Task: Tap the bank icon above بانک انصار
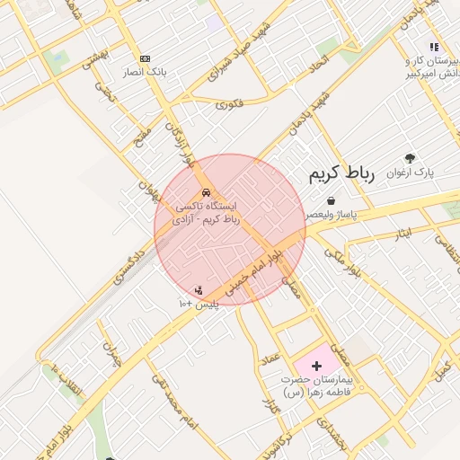[x=146, y=57]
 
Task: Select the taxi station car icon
[x=207, y=193]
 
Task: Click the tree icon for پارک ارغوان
[x=411, y=158]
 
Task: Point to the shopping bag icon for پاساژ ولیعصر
[x=332, y=200]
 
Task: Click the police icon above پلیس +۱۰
[x=198, y=289]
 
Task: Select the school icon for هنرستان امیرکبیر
[x=433, y=47]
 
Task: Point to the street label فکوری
[x=229, y=104]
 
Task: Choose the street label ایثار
[x=403, y=234]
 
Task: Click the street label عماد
[x=270, y=359]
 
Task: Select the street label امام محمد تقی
[x=175, y=410]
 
